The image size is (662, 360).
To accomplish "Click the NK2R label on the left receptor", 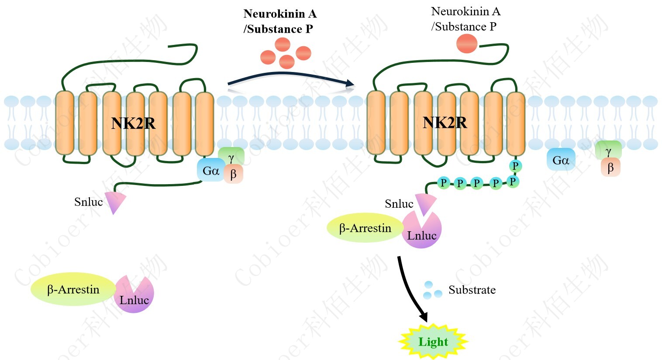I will point(133,123).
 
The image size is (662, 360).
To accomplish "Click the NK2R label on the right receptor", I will point(445,123).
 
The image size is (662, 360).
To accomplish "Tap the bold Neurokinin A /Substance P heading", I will point(279,21).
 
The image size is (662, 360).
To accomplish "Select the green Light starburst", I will point(433,342).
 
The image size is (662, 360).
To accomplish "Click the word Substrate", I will point(472,290).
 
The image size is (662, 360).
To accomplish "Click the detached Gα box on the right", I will point(561,160).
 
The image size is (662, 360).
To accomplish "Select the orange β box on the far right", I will point(610,167).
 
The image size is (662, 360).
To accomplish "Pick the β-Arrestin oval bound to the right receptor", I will point(365,228).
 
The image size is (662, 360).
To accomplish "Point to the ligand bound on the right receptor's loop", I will point(467,44).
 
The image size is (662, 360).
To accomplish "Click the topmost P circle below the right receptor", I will point(515,166).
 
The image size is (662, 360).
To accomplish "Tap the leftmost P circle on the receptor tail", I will point(444,182).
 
